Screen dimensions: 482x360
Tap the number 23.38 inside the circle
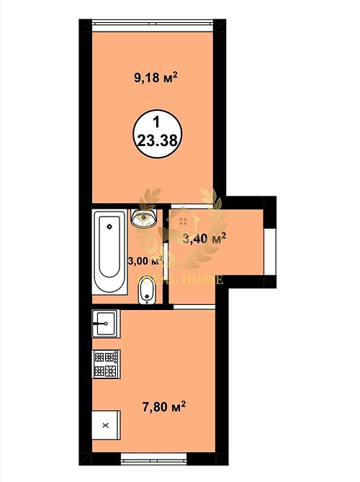157,141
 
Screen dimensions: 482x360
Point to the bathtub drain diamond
109,226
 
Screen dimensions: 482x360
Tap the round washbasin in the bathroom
145,215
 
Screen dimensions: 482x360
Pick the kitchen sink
105,324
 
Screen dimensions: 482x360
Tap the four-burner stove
106,363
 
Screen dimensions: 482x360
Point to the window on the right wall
271,251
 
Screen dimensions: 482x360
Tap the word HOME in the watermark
204,280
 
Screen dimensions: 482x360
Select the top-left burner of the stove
99,356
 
